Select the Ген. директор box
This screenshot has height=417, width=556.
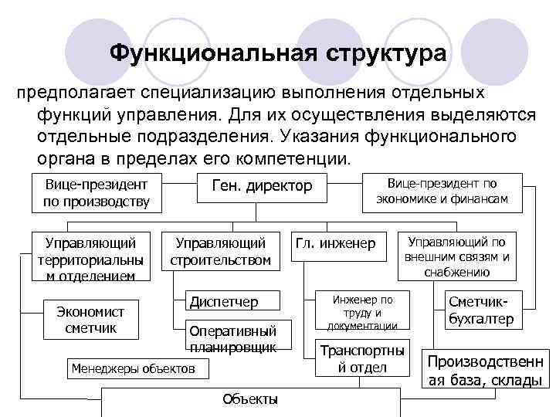(x=256, y=187)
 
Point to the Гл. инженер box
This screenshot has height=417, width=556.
(x=336, y=244)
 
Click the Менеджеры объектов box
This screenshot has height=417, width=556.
(x=133, y=369)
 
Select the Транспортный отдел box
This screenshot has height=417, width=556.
(x=362, y=358)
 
